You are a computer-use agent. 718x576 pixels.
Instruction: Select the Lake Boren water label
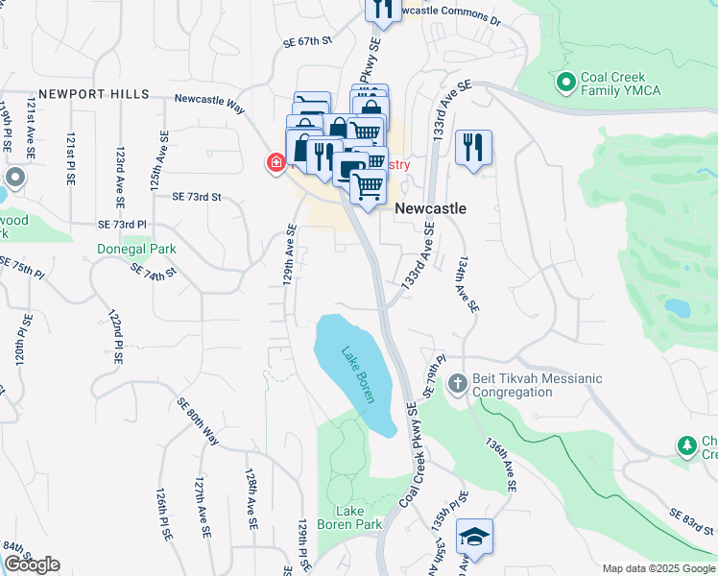[353, 372]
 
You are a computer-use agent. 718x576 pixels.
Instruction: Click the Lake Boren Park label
[359, 517]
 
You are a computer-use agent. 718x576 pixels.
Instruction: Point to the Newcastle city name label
[430, 208]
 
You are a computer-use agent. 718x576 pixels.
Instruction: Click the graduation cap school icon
[474, 537]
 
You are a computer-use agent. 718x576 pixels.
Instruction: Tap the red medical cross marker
[275, 163]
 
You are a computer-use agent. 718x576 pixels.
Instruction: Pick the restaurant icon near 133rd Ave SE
[473, 148]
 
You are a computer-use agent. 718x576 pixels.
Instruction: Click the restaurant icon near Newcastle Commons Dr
[383, 9]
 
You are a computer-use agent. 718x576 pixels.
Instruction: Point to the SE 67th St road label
[307, 41]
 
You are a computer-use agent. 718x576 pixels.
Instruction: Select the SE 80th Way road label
[198, 422]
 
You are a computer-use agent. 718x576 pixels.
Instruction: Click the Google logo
[32, 564]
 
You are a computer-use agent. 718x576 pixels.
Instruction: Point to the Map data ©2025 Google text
[658, 568]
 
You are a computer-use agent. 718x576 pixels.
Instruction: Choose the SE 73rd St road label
[197, 197]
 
